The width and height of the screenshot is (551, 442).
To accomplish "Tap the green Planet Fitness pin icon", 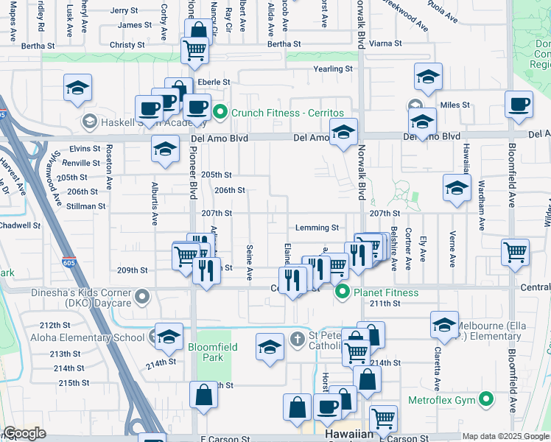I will pos(342,293).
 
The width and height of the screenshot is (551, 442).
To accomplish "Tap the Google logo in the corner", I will pos(24,434).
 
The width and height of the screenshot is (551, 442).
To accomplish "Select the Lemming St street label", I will pos(317,228).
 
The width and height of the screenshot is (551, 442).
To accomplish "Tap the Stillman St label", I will pos(85,206).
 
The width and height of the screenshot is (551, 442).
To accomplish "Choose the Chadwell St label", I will pos(20,225).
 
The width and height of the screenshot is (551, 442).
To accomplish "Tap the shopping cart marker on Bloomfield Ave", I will pos(515,251).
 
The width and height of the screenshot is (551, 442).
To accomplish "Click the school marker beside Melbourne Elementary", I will pos(444,323).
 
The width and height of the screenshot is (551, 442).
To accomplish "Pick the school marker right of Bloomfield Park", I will pos(270,346).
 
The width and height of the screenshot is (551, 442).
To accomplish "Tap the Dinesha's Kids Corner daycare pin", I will pos(143,298).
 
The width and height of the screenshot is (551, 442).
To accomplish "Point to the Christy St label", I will pos(127,45).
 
